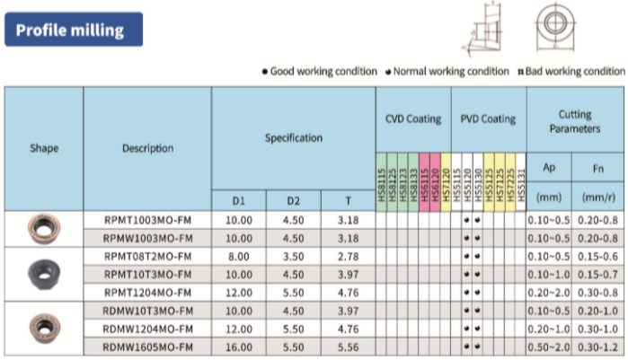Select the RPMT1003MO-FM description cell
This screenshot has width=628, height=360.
coord(147,219)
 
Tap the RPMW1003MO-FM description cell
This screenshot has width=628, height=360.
coord(147,237)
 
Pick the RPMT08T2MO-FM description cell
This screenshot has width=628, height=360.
coord(147,256)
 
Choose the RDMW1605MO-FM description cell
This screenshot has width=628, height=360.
coord(147,347)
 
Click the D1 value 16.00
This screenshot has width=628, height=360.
coord(239,347)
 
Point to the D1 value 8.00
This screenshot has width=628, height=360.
coord(239,256)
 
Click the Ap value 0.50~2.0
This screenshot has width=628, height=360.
coord(550,347)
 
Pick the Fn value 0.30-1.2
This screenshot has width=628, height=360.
coord(599,347)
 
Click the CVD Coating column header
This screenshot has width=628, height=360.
coord(413,119)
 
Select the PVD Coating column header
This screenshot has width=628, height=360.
coord(488,119)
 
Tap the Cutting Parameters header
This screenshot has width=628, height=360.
coord(575,121)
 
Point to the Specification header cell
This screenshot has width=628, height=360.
coord(293,138)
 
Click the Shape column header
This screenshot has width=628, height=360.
coord(43,148)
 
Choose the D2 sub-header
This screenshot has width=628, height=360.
coord(293,200)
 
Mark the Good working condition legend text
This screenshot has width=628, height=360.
coord(324,72)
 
